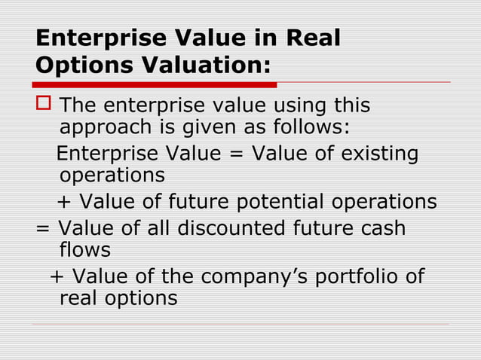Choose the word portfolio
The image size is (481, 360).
point(356,276)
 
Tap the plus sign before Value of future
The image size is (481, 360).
point(65,203)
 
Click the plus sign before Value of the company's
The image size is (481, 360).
point(57,276)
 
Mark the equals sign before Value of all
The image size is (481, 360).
point(43,227)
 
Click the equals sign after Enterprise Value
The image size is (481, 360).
point(231,154)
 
